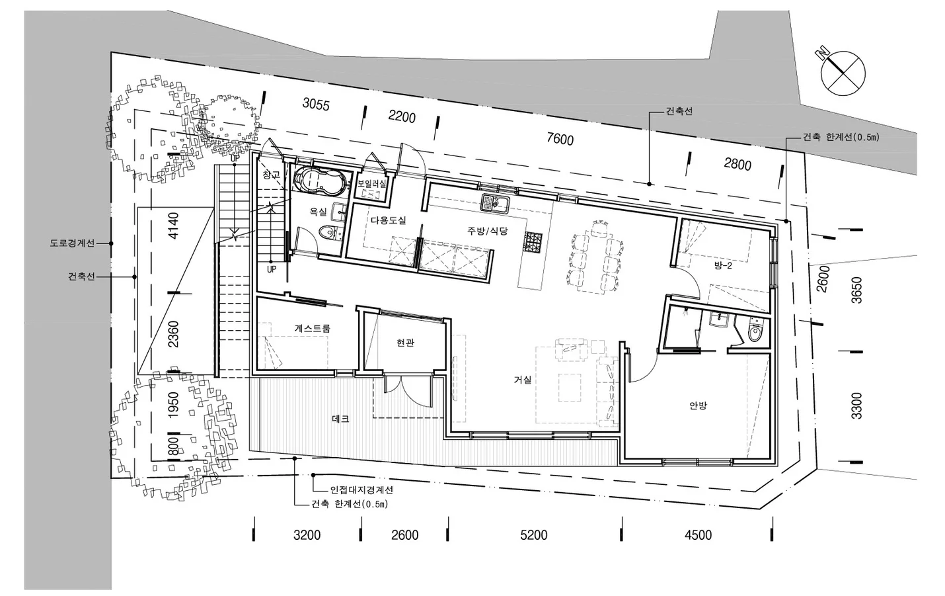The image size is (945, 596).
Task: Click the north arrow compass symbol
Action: click(843, 73)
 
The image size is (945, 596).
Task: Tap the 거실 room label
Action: click(522, 380)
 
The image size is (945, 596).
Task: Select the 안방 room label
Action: click(698, 405)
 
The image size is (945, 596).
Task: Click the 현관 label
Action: click(405, 343)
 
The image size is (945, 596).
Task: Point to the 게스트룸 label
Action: click(312, 328)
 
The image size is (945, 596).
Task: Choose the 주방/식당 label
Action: click(487, 231)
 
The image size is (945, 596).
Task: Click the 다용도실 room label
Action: click(389, 220)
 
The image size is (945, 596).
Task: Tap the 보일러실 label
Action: click(371, 184)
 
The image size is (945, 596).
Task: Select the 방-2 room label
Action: click(723, 265)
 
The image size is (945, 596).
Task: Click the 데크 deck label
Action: click(340, 419)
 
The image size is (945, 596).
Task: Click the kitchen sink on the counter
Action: click(495, 203)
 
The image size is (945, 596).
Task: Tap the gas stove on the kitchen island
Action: click(532, 242)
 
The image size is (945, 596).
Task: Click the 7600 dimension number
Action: click(560, 138)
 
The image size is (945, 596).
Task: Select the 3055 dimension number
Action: click(316, 104)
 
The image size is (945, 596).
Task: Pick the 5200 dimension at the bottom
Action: click(534, 535)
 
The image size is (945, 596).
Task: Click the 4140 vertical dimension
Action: click(173, 226)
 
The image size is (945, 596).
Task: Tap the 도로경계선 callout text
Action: click(72, 243)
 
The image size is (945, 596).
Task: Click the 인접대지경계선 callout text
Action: click(361, 490)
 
